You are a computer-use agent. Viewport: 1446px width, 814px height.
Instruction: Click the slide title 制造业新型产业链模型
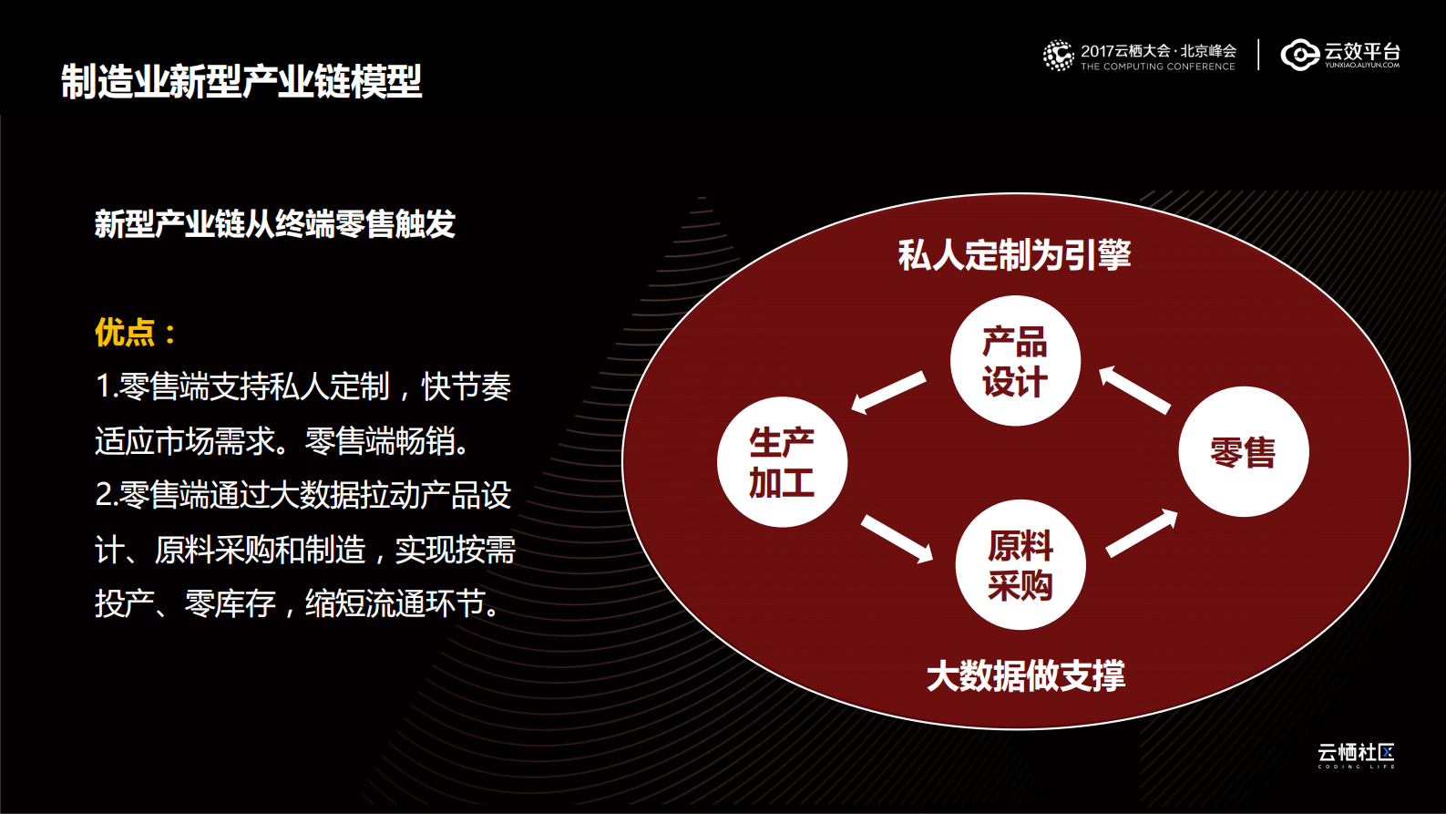(241, 81)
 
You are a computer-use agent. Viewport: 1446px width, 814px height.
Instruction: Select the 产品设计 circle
(1015, 361)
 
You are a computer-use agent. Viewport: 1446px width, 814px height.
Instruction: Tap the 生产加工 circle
(782, 462)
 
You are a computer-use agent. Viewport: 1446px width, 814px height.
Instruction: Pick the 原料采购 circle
(1020, 565)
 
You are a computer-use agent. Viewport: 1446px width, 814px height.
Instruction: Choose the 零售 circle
(1243, 452)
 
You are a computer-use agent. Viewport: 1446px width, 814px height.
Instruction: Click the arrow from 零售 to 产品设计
(1134, 390)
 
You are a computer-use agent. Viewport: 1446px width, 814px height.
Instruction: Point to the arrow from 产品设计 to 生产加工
(888, 392)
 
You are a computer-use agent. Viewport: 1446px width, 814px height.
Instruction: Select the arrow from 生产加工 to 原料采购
(897, 538)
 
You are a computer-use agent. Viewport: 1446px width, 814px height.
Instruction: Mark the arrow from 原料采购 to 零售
(1142, 533)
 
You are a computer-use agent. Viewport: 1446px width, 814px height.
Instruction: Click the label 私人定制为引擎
(1014, 255)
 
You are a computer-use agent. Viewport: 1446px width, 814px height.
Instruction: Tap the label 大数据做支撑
(1025, 675)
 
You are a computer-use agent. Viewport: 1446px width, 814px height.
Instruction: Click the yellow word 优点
(125, 333)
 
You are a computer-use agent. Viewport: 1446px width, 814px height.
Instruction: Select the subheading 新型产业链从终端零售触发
(274, 223)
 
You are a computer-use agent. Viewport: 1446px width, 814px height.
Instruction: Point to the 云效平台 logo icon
(1299, 55)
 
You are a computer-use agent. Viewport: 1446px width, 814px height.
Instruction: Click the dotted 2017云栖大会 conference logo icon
(1058, 55)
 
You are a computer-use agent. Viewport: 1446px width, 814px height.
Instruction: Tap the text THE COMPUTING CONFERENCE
(1157, 67)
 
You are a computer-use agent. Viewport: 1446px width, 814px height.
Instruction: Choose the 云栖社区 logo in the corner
(1356, 755)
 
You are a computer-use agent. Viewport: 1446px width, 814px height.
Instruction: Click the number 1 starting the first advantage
(102, 387)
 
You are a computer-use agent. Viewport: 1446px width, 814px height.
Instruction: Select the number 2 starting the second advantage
(104, 496)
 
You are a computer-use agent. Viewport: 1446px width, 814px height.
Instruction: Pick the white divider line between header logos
(1258, 55)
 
